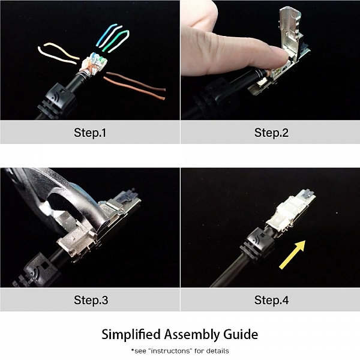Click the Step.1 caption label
(x=90, y=133)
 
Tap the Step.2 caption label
(x=271, y=133)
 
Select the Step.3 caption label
(x=91, y=300)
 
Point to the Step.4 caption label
(x=271, y=300)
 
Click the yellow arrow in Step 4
(x=293, y=254)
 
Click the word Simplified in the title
(x=131, y=335)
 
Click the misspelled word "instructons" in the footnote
(x=170, y=351)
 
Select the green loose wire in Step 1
(x=115, y=40)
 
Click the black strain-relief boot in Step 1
(x=56, y=101)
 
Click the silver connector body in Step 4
(x=290, y=212)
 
